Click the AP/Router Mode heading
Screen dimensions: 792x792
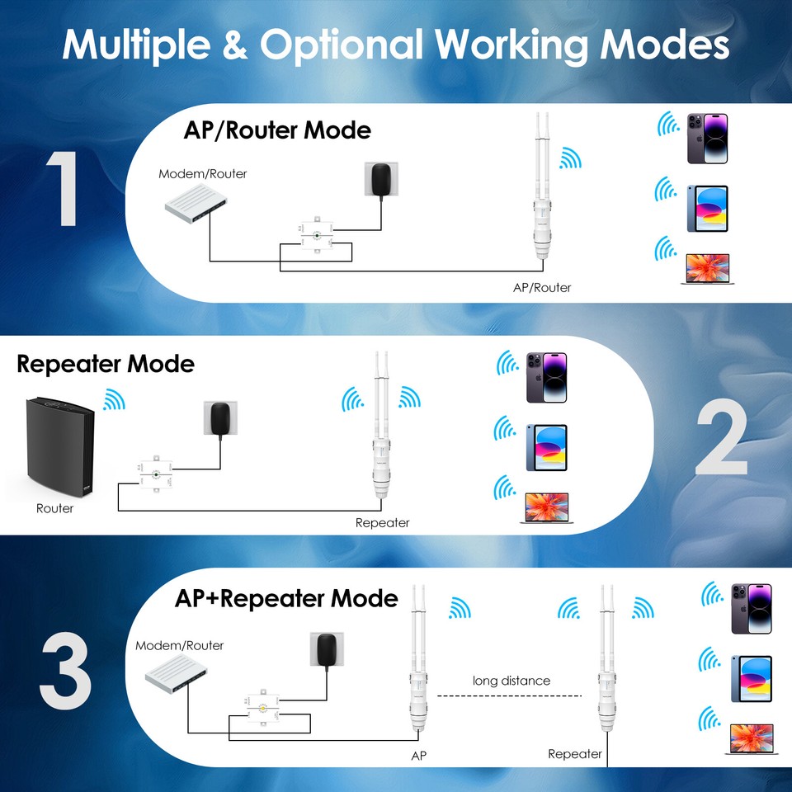276,130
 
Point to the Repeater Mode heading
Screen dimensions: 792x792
106,364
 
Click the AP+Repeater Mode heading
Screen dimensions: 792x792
286,597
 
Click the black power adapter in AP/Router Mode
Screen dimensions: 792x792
381,180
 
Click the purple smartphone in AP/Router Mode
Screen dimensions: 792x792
707,139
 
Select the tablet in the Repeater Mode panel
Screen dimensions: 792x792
546,448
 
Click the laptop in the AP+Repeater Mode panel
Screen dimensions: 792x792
750,738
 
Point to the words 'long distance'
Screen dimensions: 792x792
511,681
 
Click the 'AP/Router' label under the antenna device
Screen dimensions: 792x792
541,287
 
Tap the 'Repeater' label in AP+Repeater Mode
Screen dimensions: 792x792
575,754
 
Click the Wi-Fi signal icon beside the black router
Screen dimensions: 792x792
113,401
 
